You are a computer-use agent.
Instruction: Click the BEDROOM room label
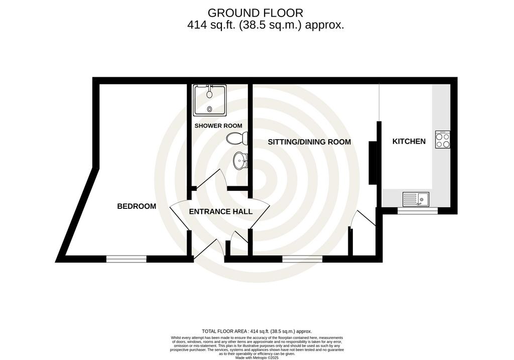137,206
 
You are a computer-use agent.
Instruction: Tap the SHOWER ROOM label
218,126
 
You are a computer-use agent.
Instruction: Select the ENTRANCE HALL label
221,212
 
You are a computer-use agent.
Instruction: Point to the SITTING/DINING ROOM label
309,142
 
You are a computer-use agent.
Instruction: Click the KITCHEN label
409,141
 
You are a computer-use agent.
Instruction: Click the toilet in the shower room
237,138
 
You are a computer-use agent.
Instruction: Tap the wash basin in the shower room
240,161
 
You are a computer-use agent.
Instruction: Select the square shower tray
210,100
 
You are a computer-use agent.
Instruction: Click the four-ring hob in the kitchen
443,140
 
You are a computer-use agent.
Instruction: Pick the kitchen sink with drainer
416,199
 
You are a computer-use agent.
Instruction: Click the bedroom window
126,259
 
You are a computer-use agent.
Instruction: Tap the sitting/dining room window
302,259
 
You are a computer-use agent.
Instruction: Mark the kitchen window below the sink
417,211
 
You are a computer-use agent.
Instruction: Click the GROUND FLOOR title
255,13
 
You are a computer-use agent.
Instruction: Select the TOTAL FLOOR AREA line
256,331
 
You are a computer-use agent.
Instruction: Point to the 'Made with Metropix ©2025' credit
257,358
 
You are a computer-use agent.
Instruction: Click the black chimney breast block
372,163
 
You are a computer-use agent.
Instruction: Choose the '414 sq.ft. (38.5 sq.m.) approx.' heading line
266,25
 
